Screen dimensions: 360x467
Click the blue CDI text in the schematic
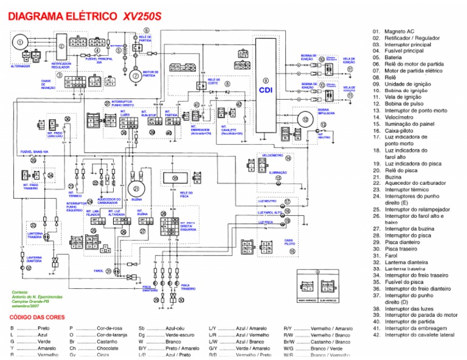tap(266, 89)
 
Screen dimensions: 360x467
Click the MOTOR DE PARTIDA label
tap(150, 74)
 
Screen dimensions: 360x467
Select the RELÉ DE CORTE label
tap(213, 80)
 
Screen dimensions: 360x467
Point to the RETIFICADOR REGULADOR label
tap(61, 66)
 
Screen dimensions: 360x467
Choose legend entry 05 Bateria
tap(396, 57)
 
